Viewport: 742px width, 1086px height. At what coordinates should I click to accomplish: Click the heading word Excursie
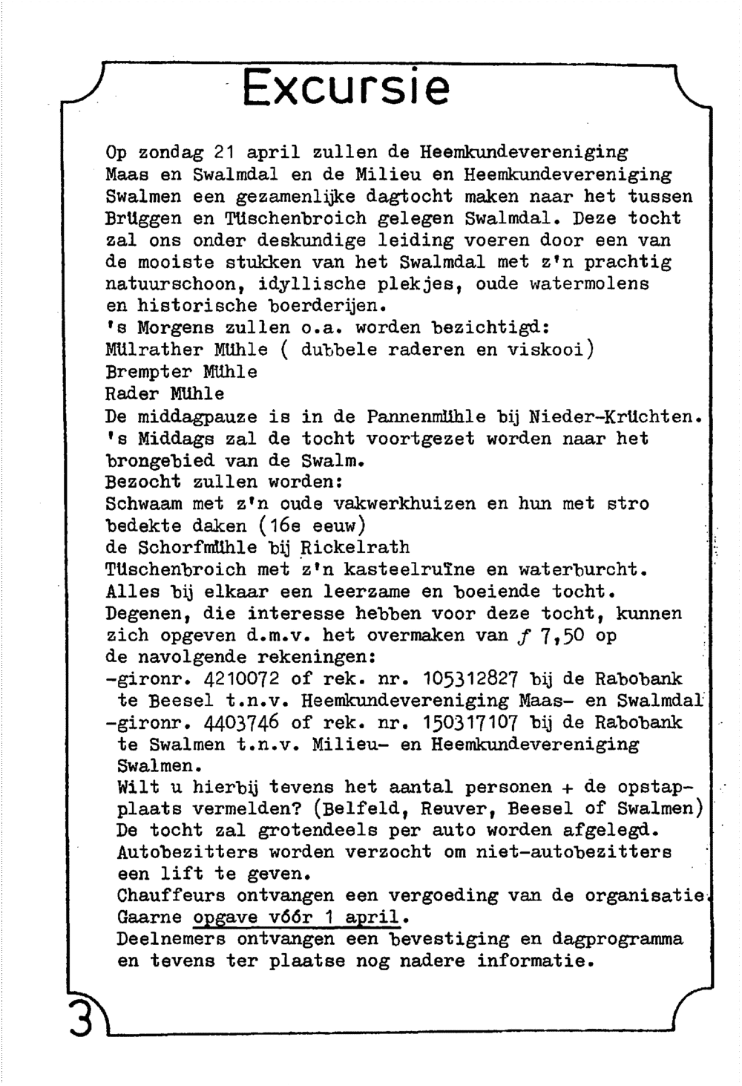pos(346,88)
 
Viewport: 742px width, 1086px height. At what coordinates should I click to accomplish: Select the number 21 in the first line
pos(224,154)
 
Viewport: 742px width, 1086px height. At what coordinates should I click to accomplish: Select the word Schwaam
pos(144,503)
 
